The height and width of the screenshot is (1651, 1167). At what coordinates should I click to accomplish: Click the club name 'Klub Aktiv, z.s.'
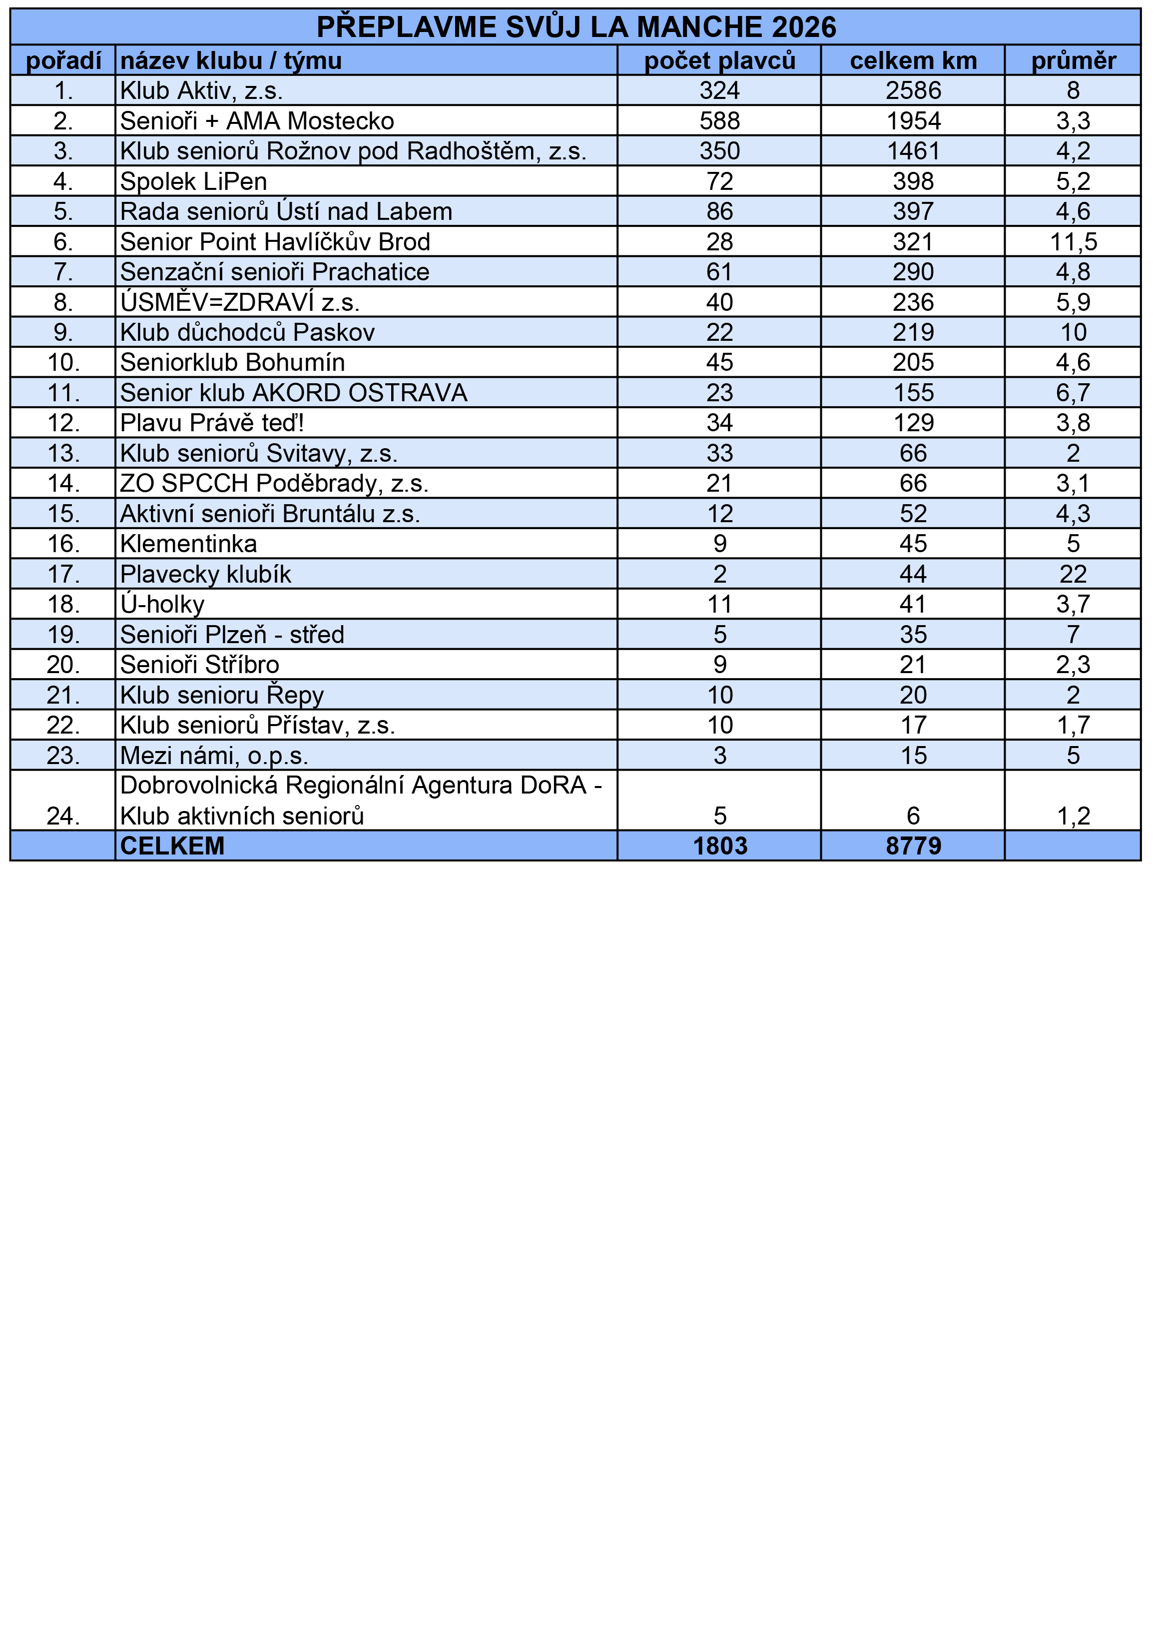(x=201, y=90)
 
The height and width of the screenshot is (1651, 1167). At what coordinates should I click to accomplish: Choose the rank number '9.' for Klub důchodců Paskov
(x=63, y=332)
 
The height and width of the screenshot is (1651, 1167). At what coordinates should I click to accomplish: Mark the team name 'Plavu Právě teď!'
(x=212, y=423)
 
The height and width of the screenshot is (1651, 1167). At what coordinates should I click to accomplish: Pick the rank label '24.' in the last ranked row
(x=63, y=816)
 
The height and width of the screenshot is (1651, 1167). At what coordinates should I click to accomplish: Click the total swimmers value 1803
(x=720, y=845)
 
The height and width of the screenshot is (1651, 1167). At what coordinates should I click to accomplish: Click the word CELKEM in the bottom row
(x=172, y=845)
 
